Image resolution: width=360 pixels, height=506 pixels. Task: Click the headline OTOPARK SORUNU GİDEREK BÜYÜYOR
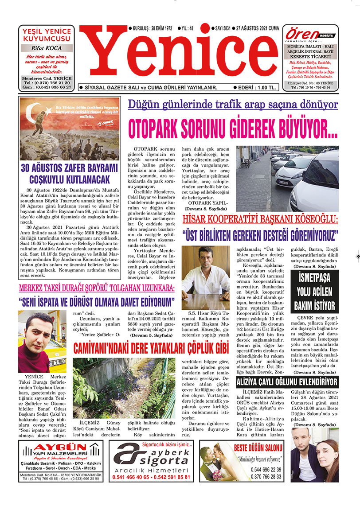pos(232,128)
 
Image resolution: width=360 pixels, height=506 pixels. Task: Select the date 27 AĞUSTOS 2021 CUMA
pos(257,28)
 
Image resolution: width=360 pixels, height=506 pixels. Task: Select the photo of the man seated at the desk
pos(206,277)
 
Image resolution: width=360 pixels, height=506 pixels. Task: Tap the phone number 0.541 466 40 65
pos(131,478)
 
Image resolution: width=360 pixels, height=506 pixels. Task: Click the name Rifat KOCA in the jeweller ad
pos(47,48)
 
